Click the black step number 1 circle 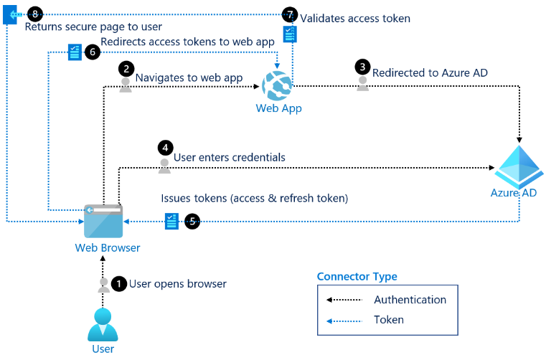click(118, 284)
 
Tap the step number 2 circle click(126, 68)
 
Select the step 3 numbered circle click(362, 67)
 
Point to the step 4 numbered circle click(166, 148)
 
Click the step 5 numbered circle click(192, 221)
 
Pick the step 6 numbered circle click(93, 52)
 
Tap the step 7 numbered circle click(290, 14)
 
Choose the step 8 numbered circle click(35, 14)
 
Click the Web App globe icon click(277, 85)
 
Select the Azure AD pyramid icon click(519, 166)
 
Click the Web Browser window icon click(103, 221)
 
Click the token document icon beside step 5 click(171, 221)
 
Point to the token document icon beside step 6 click(75, 52)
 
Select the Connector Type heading click(357, 276)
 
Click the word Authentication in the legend click(410, 300)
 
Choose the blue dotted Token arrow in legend click(344, 321)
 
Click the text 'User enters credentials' click(229, 157)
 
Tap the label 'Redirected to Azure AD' click(430, 72)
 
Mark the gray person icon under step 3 click(362, 84)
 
